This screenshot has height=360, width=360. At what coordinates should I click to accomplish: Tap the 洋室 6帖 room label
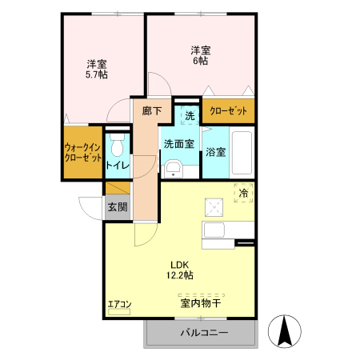(200, 54)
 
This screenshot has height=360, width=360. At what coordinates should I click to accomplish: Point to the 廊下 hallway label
(152, 112)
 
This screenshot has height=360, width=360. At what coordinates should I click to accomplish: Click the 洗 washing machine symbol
(190, 115)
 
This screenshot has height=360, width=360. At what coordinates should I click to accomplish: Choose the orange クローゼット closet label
(229, 111)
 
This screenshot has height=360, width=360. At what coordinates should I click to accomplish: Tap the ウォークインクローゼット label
(83, 151)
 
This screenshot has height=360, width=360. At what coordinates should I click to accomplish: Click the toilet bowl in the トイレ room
(117, 146)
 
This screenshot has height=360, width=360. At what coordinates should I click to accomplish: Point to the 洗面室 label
(178, 144)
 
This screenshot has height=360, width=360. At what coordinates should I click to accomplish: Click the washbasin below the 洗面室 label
(174, 166)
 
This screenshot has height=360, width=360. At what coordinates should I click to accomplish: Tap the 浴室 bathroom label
(215, 151)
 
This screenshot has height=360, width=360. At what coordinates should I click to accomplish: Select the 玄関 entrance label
(117, 206)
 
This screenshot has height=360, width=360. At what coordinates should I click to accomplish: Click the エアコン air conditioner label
(119, 304)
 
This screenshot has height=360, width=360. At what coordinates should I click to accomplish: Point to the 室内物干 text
(200, 304)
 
